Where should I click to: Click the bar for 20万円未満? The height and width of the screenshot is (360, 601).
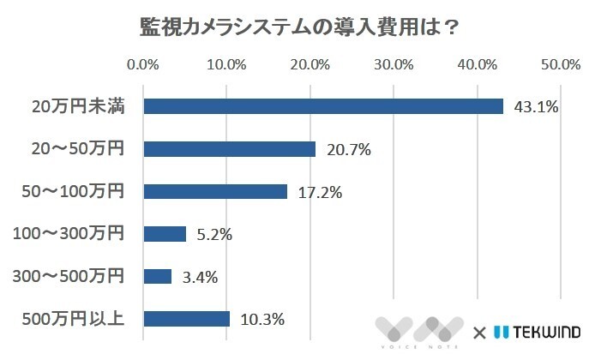point(323,106)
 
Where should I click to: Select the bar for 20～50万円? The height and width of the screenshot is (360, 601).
point(230,149)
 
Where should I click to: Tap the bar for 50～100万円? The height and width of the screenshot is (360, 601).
point(215,191)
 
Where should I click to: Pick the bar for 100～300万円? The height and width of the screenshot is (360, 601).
point(165,234)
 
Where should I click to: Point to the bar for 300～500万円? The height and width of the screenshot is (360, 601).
point(158,276)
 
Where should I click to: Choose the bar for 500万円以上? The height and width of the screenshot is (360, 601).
point(187,319)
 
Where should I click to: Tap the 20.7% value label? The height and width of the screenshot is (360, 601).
point(348,150)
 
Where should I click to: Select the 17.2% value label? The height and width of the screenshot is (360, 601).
point(320,192)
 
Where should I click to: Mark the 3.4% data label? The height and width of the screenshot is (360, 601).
point(200,276)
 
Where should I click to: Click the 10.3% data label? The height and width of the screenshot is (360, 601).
point(262,319)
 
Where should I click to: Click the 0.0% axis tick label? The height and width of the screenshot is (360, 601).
point(142,64)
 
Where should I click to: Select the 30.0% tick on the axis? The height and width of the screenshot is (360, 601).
point(394,64)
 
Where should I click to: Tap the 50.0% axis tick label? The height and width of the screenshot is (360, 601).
point(561,64)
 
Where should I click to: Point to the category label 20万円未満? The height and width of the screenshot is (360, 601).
point(78,107)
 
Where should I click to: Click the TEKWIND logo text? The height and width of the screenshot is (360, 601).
point(545,331)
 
